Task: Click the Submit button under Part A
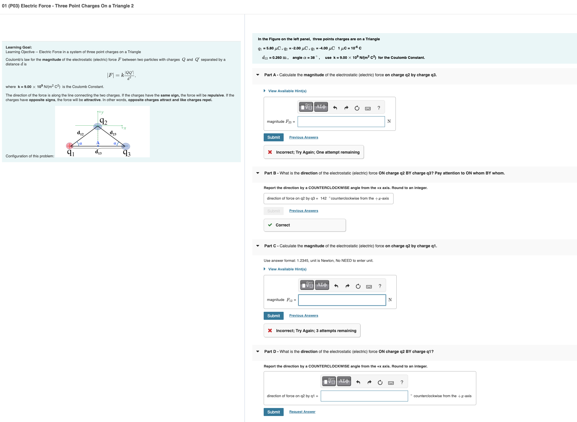273,137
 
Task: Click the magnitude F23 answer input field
341,122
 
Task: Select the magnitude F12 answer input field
342,300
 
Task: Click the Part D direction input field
364,396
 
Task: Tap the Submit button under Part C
273,316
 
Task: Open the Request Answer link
302,412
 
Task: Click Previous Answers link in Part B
304,211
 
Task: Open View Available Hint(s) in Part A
287,91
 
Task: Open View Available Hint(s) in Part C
287,269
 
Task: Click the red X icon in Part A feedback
270,152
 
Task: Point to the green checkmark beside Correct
270,225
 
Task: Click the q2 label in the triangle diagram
104,121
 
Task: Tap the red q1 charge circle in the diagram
69,146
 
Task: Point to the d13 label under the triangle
98,152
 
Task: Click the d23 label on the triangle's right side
113,133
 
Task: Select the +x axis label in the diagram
124,128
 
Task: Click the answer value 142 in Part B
323,198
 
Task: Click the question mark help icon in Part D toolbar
402,382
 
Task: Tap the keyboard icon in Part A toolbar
368,108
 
